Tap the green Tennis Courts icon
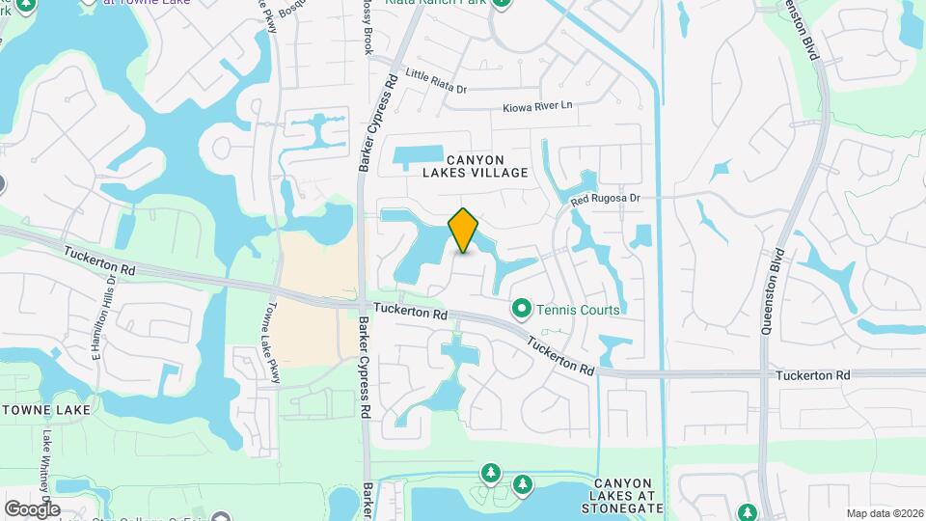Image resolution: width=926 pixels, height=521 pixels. [522, 309]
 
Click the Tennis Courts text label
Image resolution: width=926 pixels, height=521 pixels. [577, 310]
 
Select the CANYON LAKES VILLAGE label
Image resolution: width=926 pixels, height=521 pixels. [476, 165]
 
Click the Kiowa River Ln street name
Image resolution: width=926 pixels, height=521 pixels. [537, 104]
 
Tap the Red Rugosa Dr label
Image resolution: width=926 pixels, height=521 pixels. [605, 199]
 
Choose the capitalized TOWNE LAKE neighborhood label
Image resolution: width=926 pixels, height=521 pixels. [46, 410]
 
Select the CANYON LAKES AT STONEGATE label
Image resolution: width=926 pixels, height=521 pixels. [628, 495]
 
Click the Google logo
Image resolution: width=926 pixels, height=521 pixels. [32, 508]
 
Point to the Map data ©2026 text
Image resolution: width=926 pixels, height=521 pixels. [884, 512]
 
